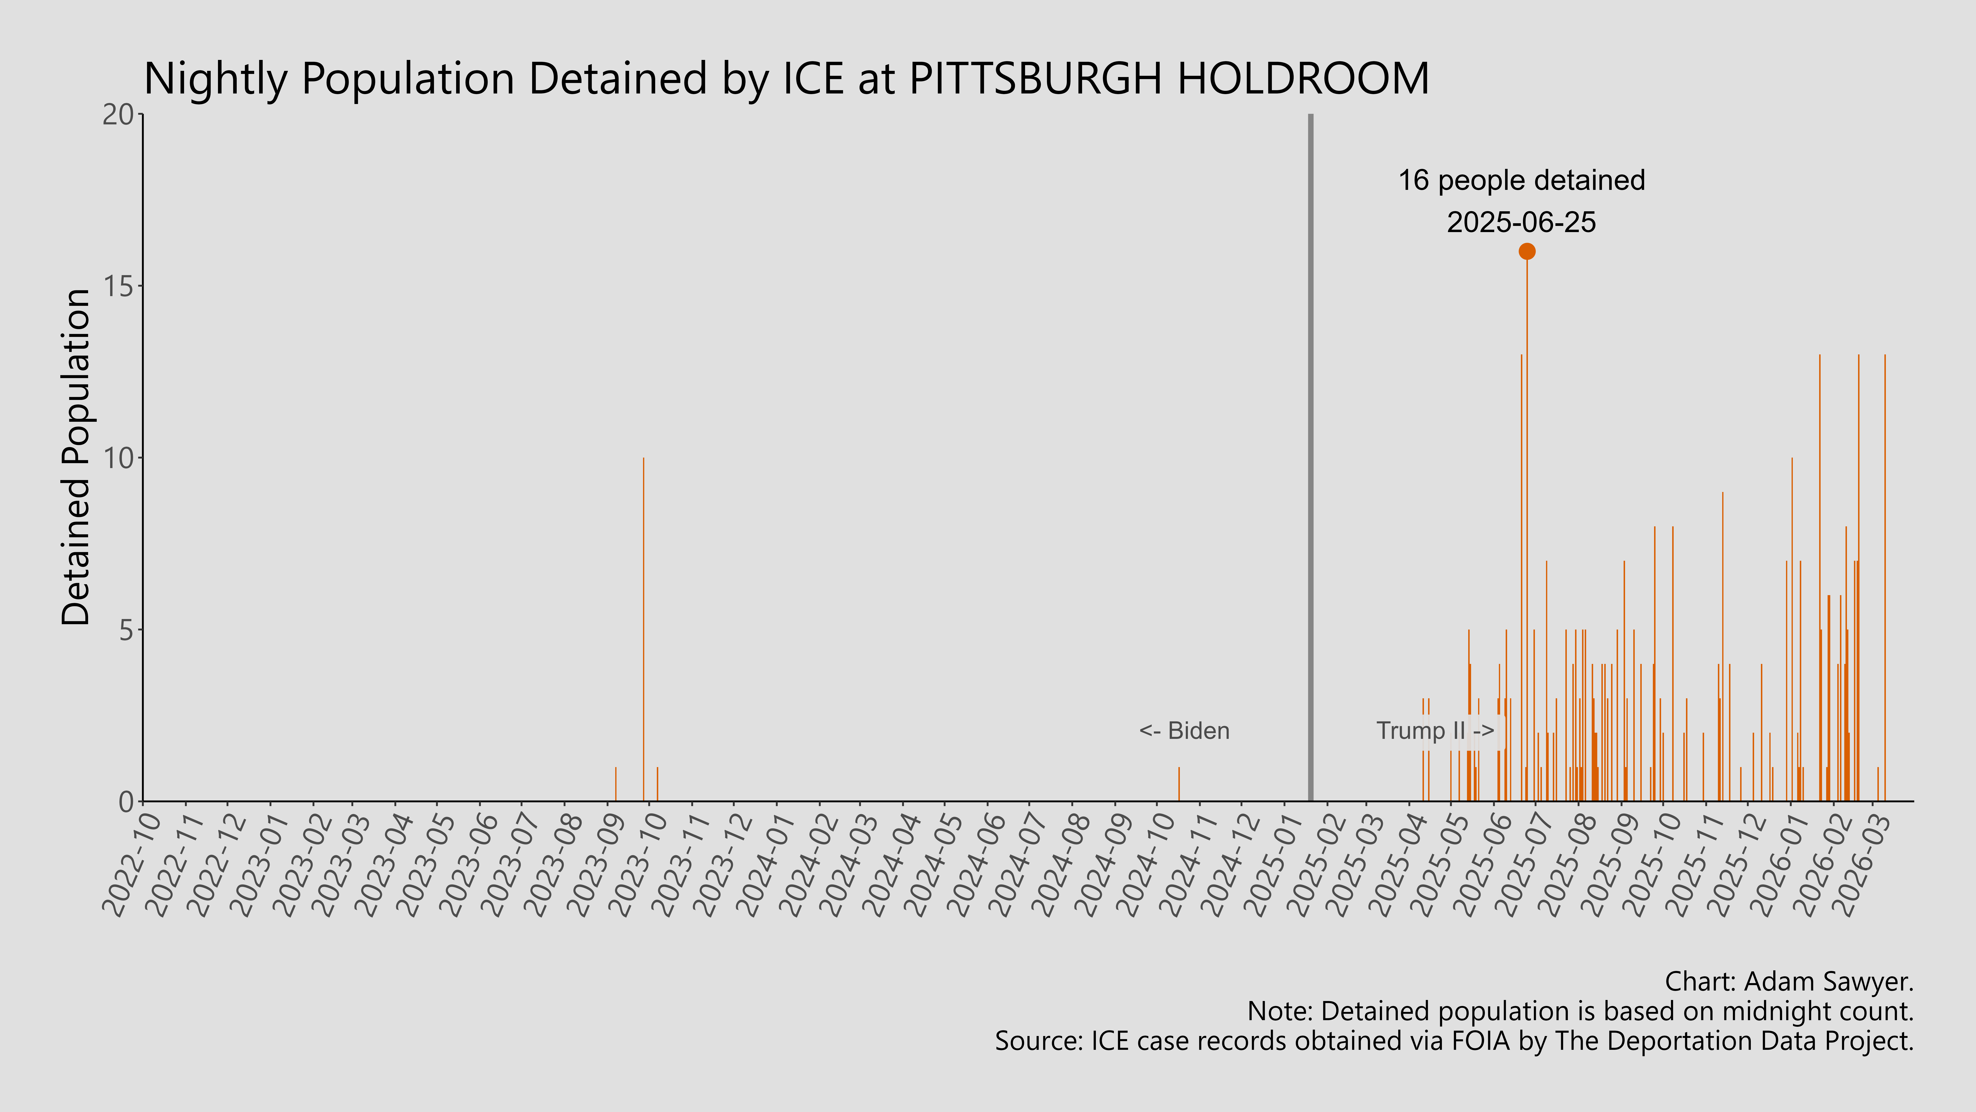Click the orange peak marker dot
click(x=1526, y=251)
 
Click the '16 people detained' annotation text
click(x=1521, y=180)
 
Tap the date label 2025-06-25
click(x=1521, y=223)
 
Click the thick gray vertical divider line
click(x=1310, y=460)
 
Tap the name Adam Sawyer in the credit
click(x=1826, y=981)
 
